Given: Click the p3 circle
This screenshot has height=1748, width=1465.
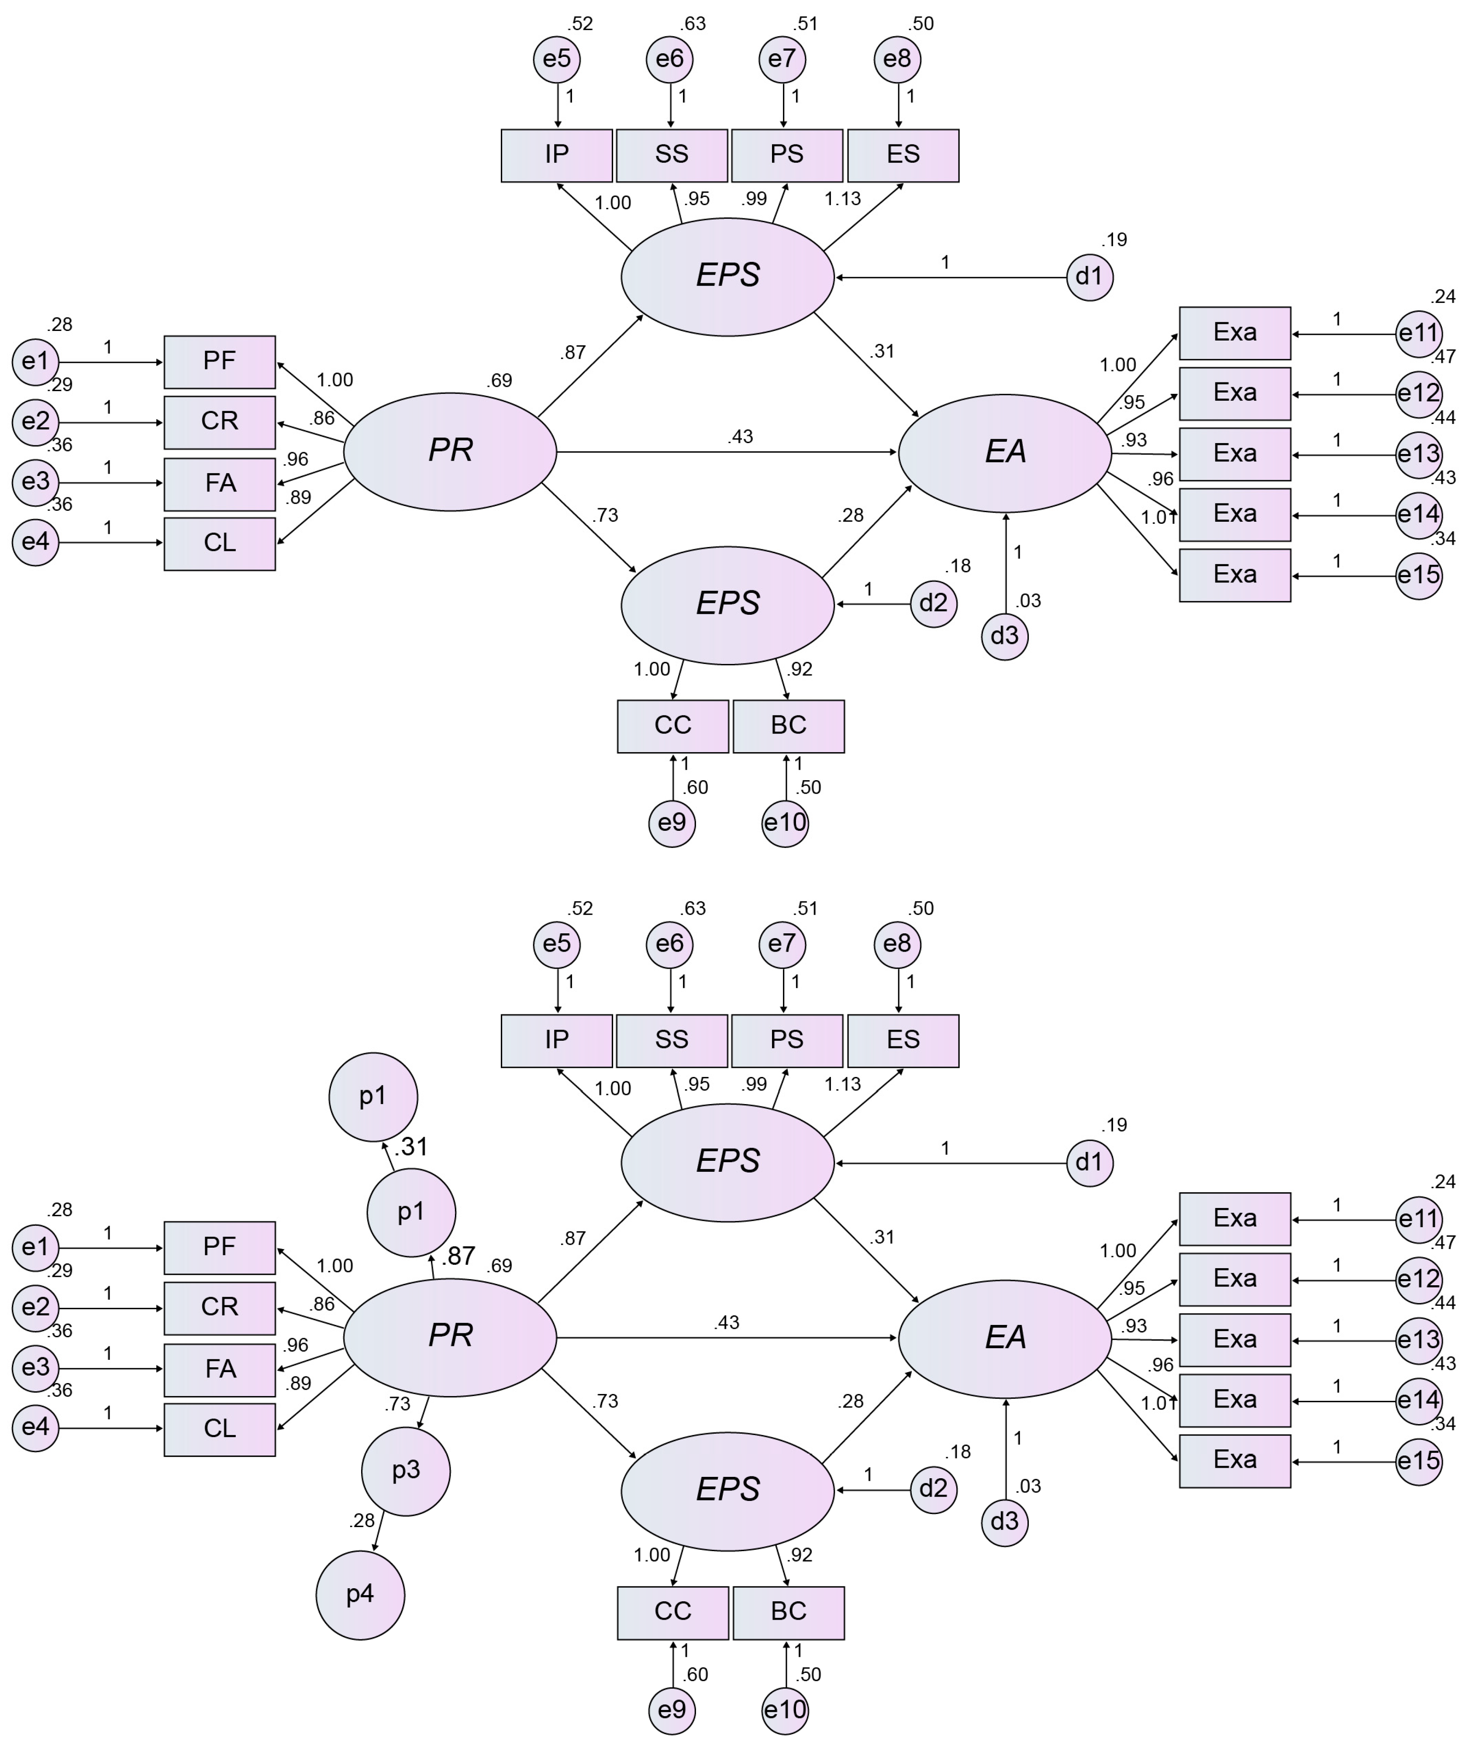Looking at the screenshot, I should [405, 1471].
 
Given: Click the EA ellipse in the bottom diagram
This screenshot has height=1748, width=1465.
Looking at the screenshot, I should [1005, 1338].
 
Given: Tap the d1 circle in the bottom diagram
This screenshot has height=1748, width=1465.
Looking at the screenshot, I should [1089, 1163].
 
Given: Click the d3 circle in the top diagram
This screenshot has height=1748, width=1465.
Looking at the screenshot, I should [1005, 636].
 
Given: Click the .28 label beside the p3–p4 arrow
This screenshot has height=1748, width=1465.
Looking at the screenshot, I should [362, 1521].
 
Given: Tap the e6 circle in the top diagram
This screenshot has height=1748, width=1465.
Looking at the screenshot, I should [669, 59].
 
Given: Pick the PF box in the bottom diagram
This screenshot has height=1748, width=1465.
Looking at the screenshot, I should [220, 1247].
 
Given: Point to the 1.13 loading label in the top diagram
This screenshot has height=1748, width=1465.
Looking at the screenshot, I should [842, 199].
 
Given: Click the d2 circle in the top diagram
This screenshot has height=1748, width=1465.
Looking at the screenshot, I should [933, 603].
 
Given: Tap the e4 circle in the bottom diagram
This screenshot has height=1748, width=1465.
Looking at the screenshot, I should [36, 1428].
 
